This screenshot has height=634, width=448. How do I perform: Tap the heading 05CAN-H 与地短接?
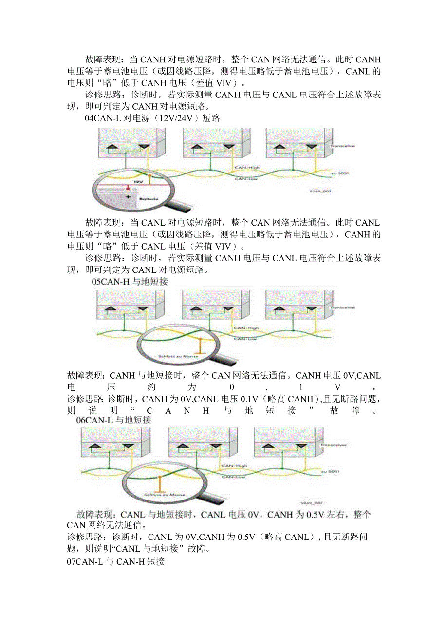(x=131, y=281)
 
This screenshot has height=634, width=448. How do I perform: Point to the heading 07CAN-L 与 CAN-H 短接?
(x=116, y=561)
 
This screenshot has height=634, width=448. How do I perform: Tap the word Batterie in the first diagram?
(x=148, y=199)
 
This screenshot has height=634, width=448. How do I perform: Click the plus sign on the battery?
(x=129, y=197)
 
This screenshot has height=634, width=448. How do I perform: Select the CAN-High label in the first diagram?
(x=247, y=168)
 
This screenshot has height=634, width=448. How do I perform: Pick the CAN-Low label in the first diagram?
(x=246, y=178)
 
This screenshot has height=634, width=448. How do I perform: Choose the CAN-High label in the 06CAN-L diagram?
(x=234, y=466)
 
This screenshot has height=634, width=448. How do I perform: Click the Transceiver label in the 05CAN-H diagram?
(x=342, y=307)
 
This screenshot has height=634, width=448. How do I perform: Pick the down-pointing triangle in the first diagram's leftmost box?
(x=144, y=147)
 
